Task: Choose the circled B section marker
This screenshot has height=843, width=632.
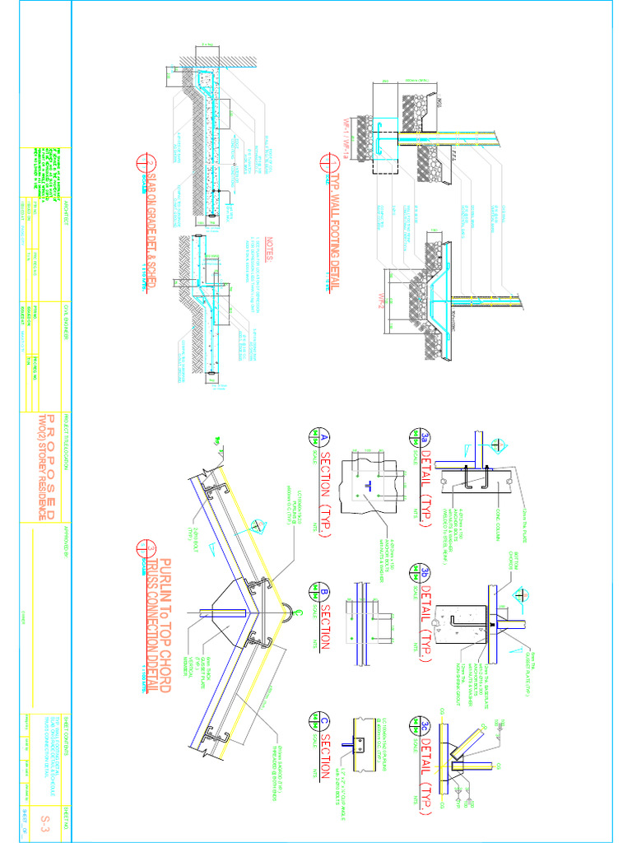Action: coord(313,591)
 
